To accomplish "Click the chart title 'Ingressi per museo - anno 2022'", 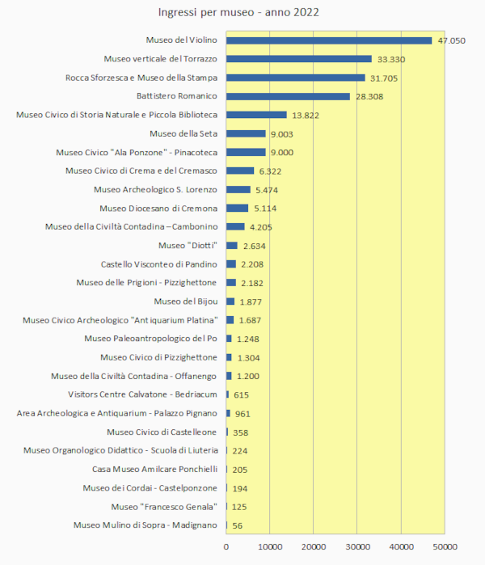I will (238, 13).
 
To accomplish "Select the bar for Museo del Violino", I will (329, 40).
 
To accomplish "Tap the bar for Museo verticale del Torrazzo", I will (299, 59).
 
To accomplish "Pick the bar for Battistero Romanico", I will (288, 96).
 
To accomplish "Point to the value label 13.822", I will (305, 116).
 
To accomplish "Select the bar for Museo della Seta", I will (246, 134).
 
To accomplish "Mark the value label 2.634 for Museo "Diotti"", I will (256, 246).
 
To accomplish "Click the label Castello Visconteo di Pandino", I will (159, 264).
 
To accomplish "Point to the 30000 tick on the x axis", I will (357, 548).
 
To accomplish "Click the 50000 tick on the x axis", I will (445, 548).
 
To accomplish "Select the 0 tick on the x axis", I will (226, 548).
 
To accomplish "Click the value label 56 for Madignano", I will (238, 525).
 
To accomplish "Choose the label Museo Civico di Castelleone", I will (162, 432).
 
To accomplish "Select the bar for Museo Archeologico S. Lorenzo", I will (238, 190).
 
